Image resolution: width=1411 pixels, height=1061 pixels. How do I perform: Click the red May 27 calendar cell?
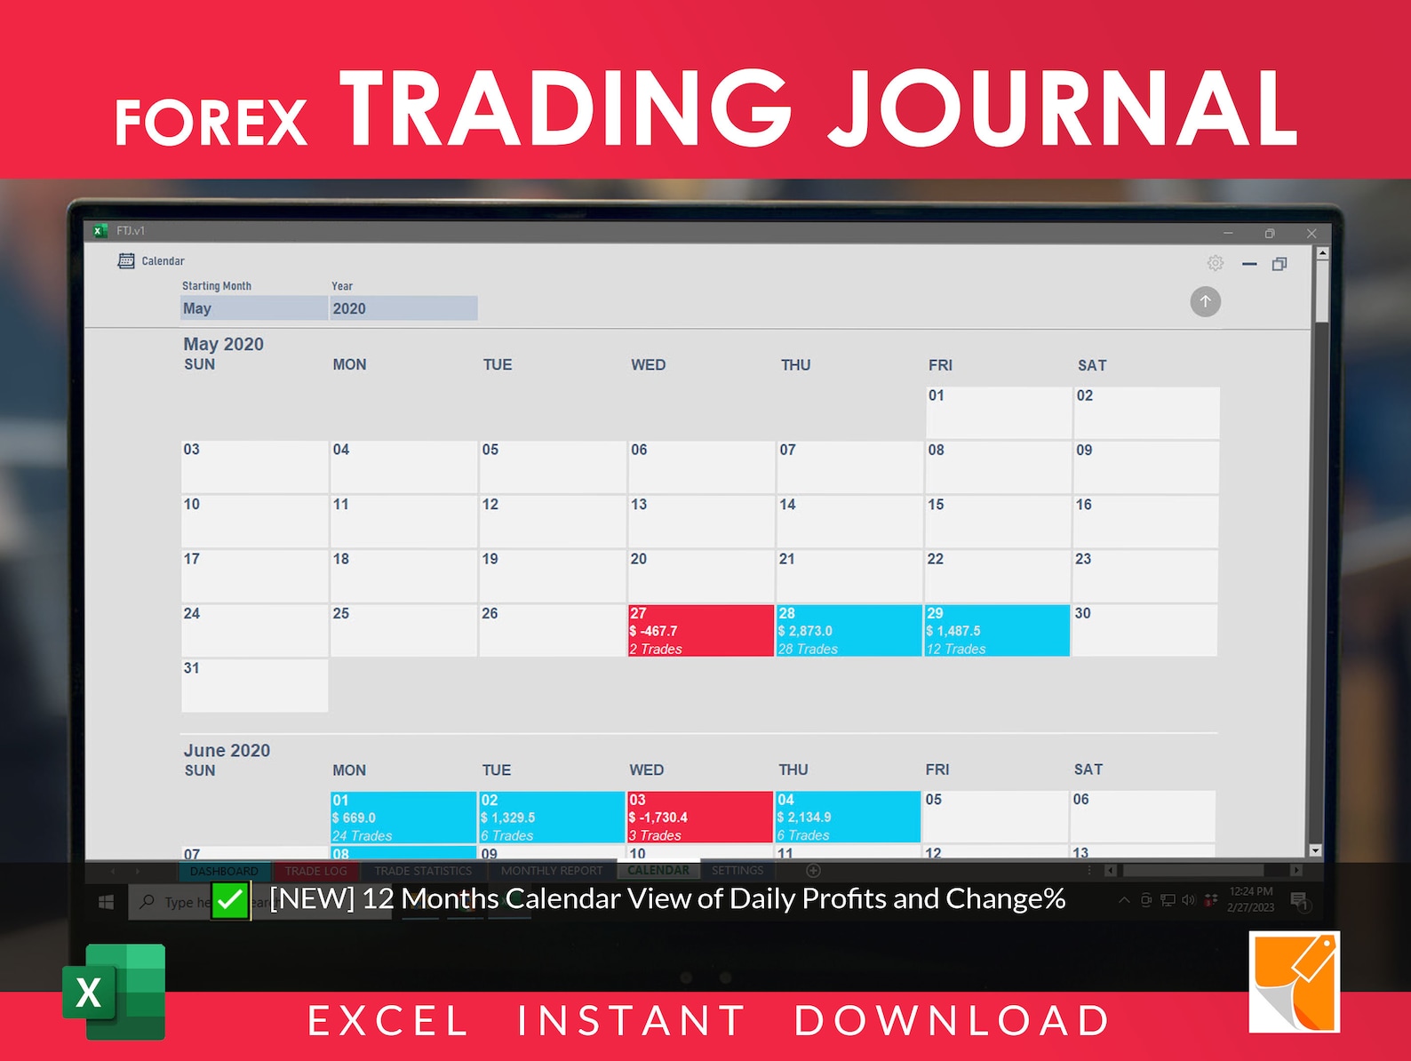click(700, 631)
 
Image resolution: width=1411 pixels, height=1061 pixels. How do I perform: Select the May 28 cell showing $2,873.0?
click(849, 631)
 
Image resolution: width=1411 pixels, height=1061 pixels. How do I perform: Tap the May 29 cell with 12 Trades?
click(996, 631)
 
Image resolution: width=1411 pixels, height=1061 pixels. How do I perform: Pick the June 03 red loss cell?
click(699, 817)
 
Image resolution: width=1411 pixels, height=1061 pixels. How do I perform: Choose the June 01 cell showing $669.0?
click(403, 818)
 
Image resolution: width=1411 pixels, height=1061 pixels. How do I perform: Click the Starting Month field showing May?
click(254, 308)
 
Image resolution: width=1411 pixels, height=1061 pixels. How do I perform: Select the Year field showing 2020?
click(403, 308)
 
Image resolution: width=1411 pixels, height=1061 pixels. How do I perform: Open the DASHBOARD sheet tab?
click(224, 871)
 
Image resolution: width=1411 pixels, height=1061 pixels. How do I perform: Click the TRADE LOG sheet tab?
click(315, 871)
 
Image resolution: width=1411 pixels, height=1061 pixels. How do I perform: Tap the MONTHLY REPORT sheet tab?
click(551, 871)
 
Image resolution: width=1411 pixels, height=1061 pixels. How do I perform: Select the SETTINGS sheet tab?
click(737, 871)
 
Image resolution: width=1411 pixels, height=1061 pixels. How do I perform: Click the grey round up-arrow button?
click(1205, 301)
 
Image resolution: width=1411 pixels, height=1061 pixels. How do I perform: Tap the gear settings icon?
click(1215, 263)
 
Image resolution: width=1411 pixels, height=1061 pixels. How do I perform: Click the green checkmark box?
click(230, 900)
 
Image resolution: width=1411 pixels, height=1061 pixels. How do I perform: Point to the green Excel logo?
click(114, 991)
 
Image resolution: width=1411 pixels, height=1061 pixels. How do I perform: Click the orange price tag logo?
click(1294, 982)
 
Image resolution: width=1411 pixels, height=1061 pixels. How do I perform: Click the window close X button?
click(1311, 233)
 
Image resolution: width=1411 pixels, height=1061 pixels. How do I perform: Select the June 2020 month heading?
click(227, 751)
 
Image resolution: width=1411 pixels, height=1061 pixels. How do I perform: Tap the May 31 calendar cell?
click(254, 685)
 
